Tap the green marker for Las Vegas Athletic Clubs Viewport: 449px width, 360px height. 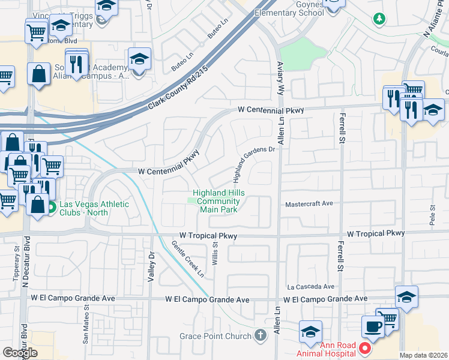coord(52,208)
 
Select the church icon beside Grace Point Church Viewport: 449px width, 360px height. coord(260,335)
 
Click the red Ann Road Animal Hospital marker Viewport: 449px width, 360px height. coord(364,348)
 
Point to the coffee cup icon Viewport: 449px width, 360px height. coord(373,326)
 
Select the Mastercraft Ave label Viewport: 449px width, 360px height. coord(309,204)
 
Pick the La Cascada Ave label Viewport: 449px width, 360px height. coord(310,287)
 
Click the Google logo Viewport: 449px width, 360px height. coord(20,353)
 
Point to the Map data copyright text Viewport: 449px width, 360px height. coord(424,355)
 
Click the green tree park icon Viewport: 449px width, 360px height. coord(379,19)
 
